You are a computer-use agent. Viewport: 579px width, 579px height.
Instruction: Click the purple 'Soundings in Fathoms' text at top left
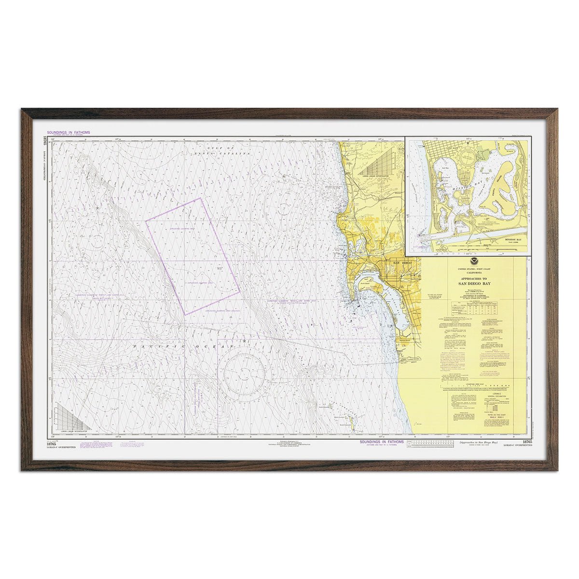click(68, 132)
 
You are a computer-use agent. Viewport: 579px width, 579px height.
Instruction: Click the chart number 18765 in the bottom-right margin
click(526, 442)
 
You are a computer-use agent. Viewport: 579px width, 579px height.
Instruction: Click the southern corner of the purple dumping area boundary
click(185, 315)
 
